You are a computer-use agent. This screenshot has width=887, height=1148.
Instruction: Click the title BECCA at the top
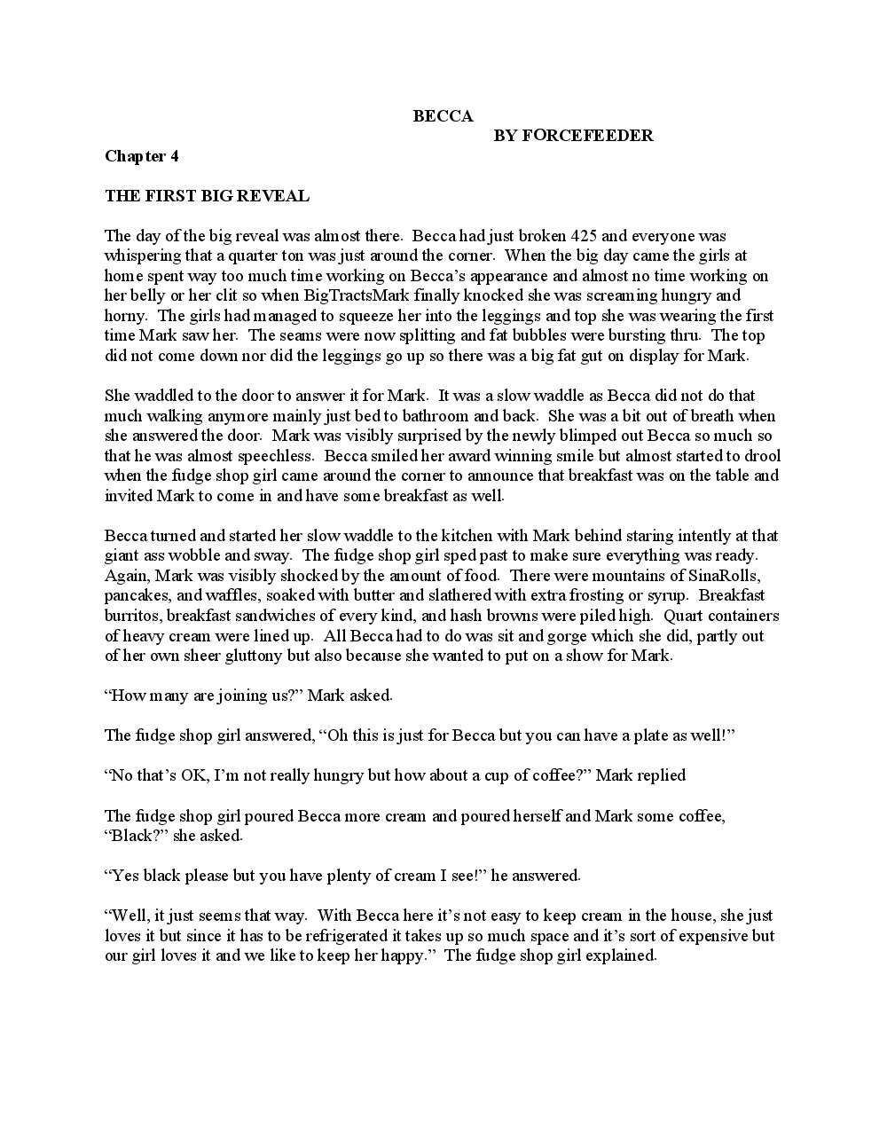click(x=443, y=116)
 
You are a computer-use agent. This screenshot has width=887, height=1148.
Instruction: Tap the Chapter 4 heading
click(x=142, y=156)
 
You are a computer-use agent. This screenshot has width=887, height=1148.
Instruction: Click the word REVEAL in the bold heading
click(x=271, y=196)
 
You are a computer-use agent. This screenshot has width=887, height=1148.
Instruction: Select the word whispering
click(x=144, y=256)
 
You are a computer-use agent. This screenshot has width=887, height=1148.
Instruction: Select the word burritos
click(x=132, y=615)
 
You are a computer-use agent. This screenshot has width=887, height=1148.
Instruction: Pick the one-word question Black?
click(x=137, y=835)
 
